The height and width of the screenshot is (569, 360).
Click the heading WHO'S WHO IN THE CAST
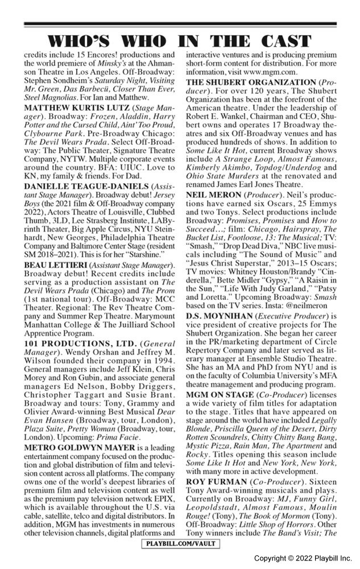[x=180, y=41]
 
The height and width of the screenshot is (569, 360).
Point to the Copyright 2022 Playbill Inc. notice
[x=303, y=558]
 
